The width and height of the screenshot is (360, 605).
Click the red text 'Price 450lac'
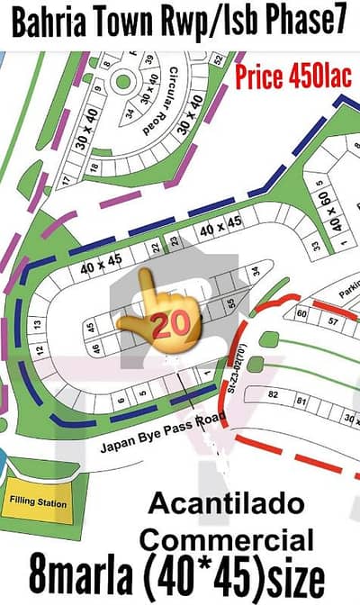(293, 77)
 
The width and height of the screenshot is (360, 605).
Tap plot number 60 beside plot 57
(300, 314)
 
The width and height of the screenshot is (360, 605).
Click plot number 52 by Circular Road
(217, 59)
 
